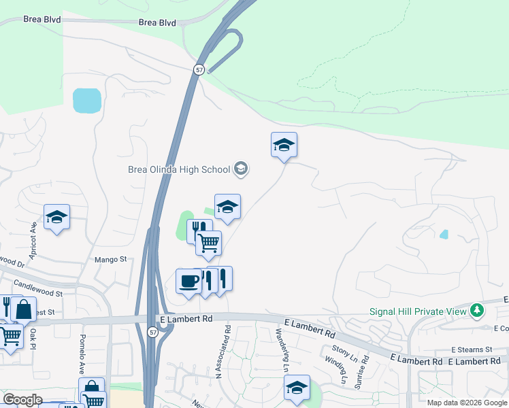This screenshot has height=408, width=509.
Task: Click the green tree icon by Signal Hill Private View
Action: (x=478, y=311)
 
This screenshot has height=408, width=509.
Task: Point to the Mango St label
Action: (x=111, y=259)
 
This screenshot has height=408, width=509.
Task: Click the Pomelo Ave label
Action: (x=81, y=352)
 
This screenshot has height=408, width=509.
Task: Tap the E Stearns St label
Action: (x=471, y=350)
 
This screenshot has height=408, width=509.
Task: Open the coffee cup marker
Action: (x=188, y=280)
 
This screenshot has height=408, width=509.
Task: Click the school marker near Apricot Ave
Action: (x=56, y=217)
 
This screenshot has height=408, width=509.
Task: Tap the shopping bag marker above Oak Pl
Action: (x=23, y=309)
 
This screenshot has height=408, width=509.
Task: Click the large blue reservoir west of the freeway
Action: (x=86, y=101)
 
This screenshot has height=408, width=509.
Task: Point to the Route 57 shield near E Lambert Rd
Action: (x=152, y=331)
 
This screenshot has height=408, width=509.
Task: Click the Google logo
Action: (x=22, y=400)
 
